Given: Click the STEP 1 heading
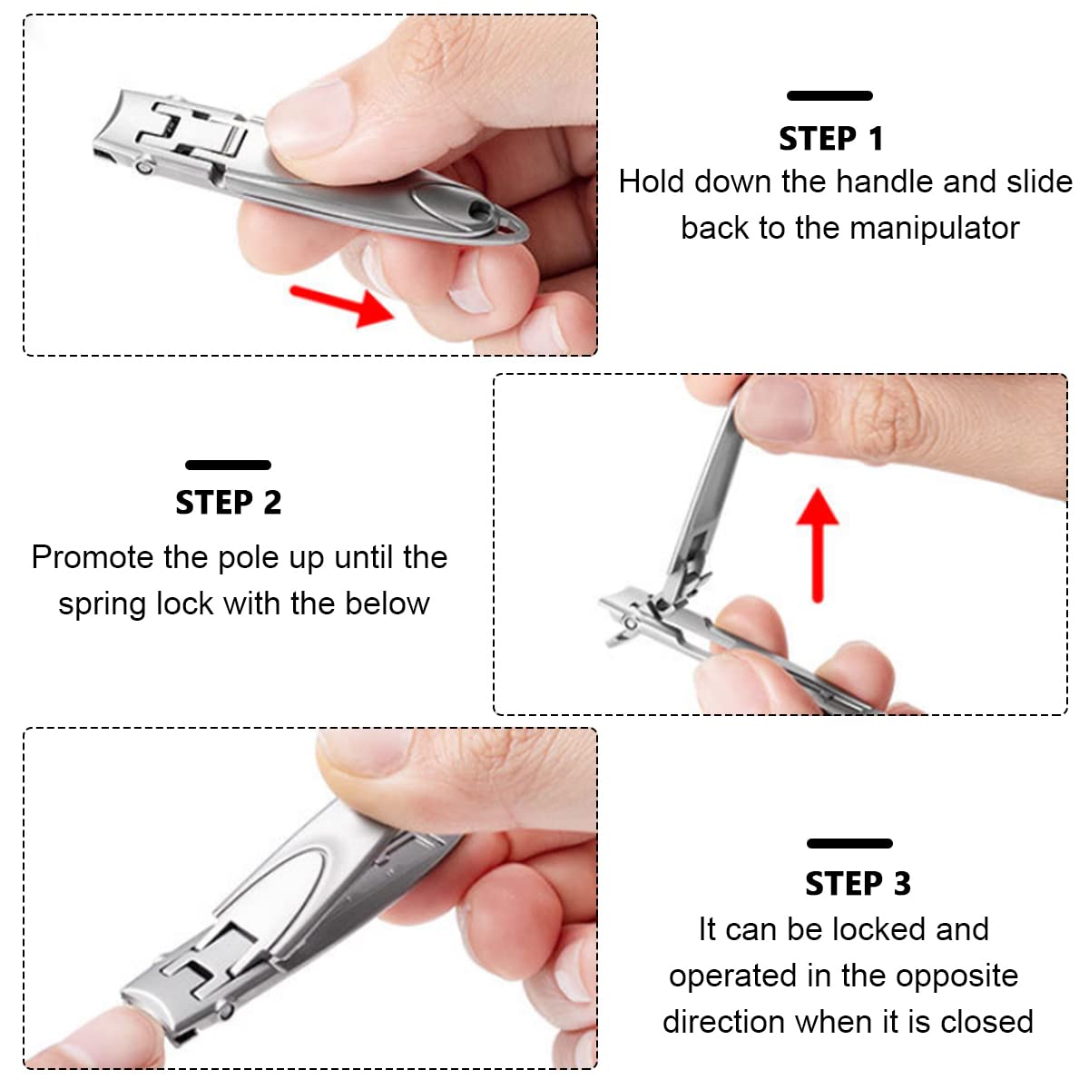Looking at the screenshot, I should [830, 139].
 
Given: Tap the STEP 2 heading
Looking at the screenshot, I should [228, 503].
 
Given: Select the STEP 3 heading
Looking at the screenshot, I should [858, 884].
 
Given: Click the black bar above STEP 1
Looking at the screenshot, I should [829, 95].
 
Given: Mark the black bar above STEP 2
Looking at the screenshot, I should [228, 465].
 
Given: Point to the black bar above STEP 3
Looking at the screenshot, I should [849, 843].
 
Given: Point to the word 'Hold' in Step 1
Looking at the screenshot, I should [651, 181].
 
